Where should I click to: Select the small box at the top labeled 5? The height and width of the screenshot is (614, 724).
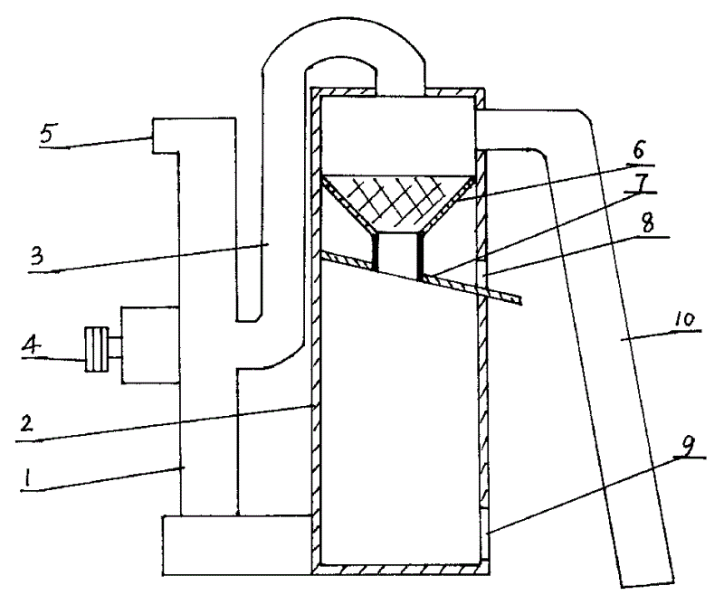pyautogui.click(x=166, y=136)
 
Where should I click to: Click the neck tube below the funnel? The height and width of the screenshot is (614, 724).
pyautogui.click(x=398, y=253)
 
